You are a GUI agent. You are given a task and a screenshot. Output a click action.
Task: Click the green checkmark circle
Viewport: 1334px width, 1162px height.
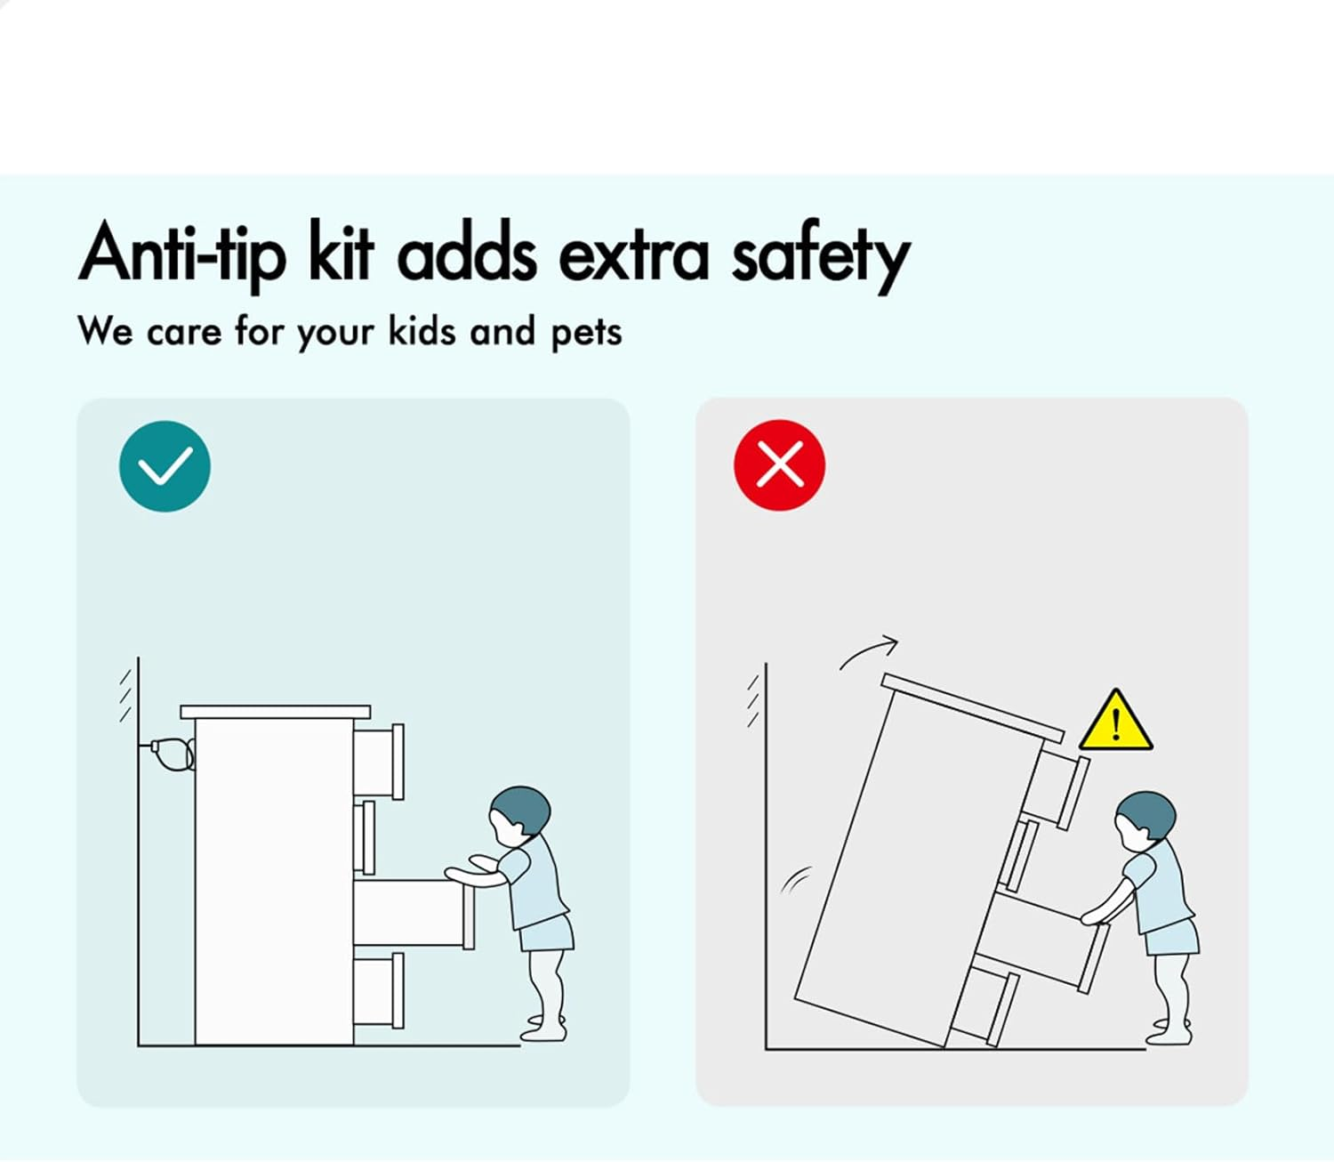165,465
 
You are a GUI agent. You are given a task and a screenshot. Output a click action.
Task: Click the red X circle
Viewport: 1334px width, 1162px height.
779,464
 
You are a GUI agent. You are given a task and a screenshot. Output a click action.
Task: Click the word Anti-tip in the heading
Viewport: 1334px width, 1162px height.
182,254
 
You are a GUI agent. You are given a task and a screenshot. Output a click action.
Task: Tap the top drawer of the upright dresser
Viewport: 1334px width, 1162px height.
379,762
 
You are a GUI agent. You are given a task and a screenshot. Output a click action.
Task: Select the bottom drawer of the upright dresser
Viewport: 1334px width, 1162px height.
379,990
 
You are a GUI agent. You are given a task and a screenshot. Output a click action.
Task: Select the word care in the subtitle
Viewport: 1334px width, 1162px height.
184,334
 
